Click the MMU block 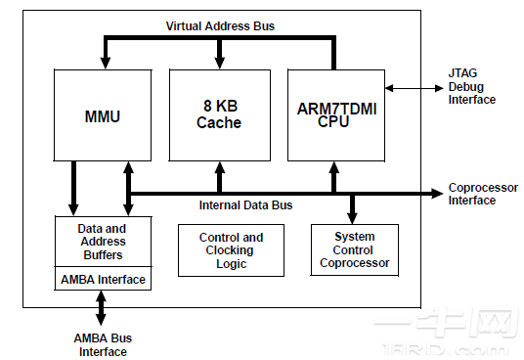coord(101,115)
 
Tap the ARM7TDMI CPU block coord(335,115)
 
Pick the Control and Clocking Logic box coord(231,250)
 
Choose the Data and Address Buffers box coord(102,242)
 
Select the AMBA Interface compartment coord(102,280)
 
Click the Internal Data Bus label coord(245,205)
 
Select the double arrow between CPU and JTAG coord(415,88)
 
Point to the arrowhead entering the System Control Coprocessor coord(353,217)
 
